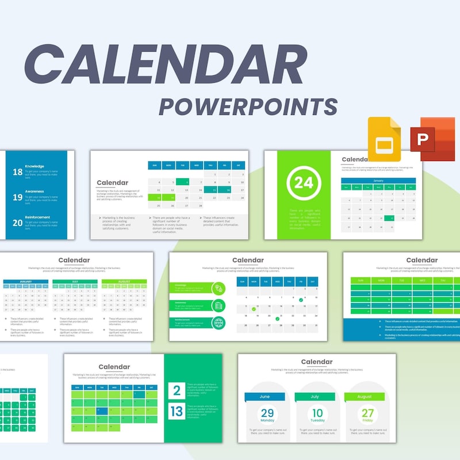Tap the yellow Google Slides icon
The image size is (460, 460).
tap(384, 139)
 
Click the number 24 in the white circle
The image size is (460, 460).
tap(302, 183)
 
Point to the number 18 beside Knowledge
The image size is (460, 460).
tap(17, 172)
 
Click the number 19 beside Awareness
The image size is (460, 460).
tap(17, 197)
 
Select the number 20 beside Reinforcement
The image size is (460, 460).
tap(17, 221)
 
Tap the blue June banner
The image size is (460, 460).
tap(264, 397)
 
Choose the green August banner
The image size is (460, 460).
tap(365, 397)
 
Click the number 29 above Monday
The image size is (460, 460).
tap(267, 413)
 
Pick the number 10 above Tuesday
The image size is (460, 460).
tap(317, 413)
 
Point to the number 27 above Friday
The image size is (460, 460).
tap(367, 413)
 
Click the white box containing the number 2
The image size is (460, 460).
tap(177, 390)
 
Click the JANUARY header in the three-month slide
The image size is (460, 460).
tap(26, 282)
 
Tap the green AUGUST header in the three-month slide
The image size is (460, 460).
tap(124, 282)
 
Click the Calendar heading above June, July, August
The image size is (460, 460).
tap(317, 362)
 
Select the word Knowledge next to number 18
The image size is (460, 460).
tap(34, 166)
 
